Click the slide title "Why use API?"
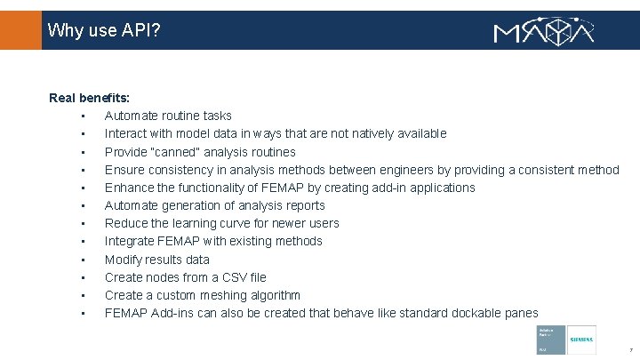click(104, 31)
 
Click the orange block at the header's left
click(20, 30)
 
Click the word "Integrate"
click(132, 241)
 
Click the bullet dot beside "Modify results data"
click(81, 260)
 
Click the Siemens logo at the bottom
click(581, 340)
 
